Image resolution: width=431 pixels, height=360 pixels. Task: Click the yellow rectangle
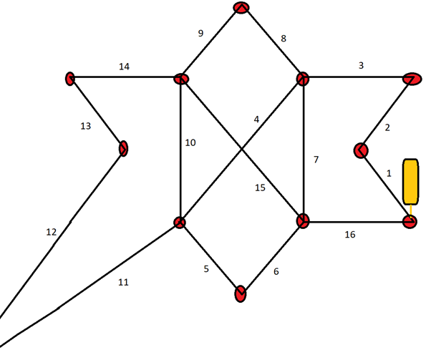[x=411, y=182]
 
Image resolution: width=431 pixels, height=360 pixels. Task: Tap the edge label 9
[x=200, y=33]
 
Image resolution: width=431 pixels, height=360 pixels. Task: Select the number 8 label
[x=284, y=39]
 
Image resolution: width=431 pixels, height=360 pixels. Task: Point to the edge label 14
[x=124, y=67]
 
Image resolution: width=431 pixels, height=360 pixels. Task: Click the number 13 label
[x=85, y=126]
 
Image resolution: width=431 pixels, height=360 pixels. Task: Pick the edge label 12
[x=52, y=232]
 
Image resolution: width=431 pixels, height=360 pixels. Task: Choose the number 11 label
[x=123, y=282]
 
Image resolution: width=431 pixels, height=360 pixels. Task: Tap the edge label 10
[x=190, y=142]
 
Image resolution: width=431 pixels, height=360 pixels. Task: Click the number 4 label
[x=256, y=120]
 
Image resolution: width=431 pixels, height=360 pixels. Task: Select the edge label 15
[x=260, y=188]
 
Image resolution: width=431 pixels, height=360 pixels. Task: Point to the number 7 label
[x=316, y=160]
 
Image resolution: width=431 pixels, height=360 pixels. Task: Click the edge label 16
[x=350, y=235]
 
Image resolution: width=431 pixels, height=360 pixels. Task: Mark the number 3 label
[x=361, y=65]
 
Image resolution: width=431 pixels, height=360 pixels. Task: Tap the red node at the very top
[x=241, y=7]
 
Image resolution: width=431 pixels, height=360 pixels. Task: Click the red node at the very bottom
[x=241, y=293]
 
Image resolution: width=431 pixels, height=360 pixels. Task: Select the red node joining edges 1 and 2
[x=361, y=150]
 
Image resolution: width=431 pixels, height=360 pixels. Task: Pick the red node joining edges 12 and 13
[x=123, y=149]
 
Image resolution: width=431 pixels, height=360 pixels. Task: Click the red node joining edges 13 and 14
[x=70, y=79]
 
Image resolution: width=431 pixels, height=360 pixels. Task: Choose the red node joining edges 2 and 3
[x=412, y=79]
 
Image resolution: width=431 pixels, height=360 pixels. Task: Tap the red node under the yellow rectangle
[x=410, y=222]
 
